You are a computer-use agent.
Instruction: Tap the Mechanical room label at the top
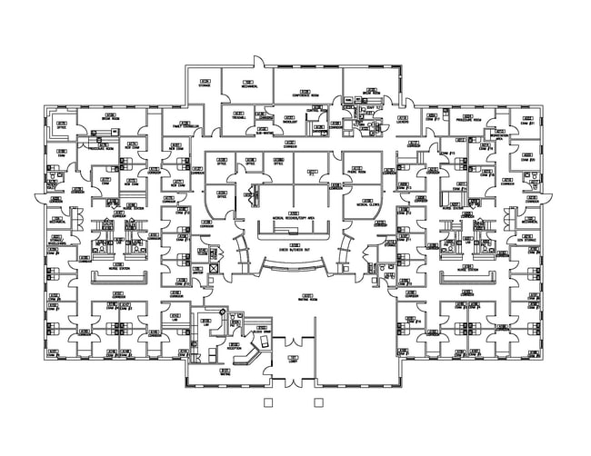click(248, 85)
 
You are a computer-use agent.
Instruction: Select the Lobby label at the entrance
click(293, 361)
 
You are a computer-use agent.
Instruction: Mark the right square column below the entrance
click(318, 401)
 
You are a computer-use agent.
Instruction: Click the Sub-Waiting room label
click(265, 133)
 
